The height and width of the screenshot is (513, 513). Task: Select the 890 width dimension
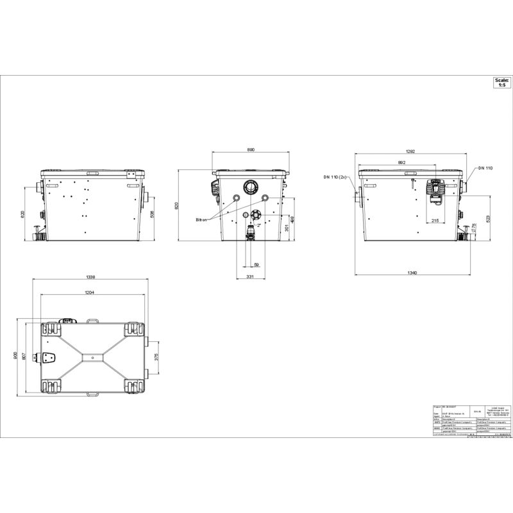tap(251, 149)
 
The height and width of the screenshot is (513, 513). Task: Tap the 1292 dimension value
tap(411, 151)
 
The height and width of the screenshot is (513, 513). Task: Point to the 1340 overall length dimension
tap(412, 273)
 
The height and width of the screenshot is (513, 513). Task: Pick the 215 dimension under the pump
tap(435, 221)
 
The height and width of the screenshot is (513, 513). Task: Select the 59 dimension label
tap(256, 264)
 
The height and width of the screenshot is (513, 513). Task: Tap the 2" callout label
tap(259, 226)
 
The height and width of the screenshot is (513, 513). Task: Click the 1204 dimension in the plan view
tap(90, 292)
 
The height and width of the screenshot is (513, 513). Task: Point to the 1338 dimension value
tap(90, 278)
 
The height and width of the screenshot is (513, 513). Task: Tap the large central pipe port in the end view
tap(249, 187)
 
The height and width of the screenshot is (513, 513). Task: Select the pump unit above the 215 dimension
tap(436, 190)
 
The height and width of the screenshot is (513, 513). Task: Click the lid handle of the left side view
tap(92, 174)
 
